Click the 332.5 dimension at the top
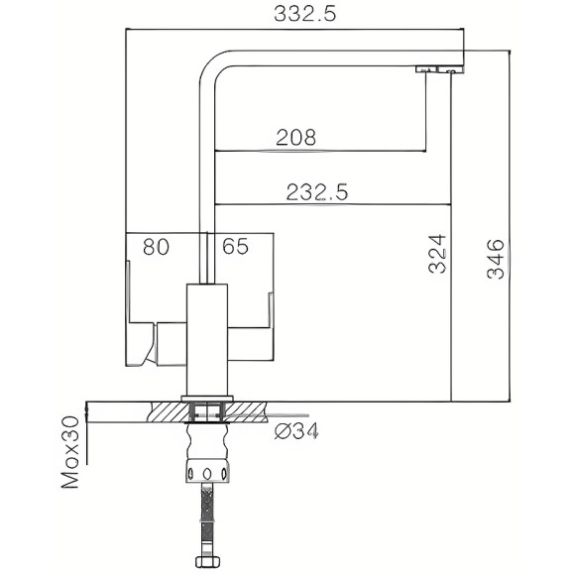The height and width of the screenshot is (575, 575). (294, 14)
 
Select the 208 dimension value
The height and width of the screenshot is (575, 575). (296, 139)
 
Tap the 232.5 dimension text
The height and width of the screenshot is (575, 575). (316, 193)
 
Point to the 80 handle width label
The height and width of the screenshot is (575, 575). (157, 247)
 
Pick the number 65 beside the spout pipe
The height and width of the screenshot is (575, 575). (235, 247)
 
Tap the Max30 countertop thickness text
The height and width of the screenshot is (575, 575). (70, 454)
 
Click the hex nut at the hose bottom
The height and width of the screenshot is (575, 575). (208, 564)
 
